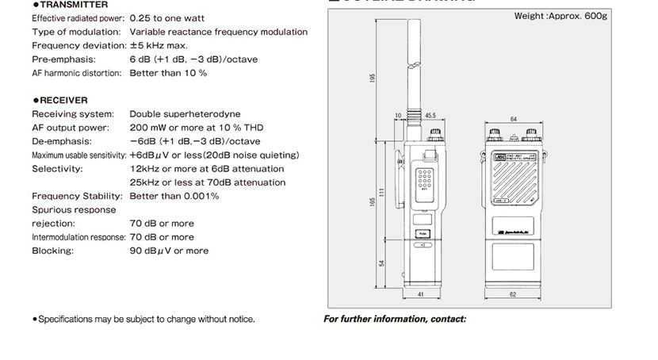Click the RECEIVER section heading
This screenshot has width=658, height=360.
[x=63, y=100]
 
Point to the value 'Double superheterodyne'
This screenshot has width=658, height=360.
[x=185, y=114]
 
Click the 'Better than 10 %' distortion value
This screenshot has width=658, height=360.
[x=168, y=73]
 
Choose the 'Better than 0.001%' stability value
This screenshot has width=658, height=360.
[x=174, y=196]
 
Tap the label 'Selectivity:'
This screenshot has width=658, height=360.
[x=57, y=169]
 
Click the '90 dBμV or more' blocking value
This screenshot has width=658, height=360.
[x=169, y=251]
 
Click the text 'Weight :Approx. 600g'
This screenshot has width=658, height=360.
[x=560, y=16]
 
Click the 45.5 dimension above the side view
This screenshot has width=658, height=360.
[x=430, y=116]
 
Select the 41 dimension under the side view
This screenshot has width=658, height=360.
[x=420, y=295]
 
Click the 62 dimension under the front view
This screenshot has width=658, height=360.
[x=513, y=295]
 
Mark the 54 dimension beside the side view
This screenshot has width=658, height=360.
[x=382, y=262]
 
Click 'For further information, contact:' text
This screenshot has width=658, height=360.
[x=395, y=320]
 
